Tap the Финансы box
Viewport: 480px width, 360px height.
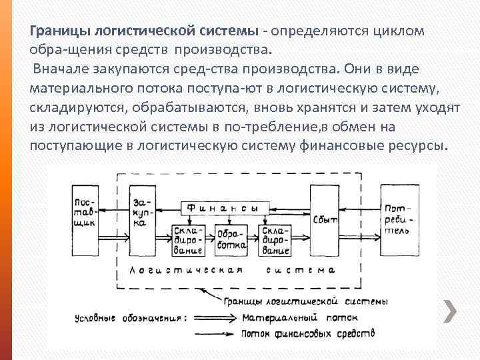(x=221, y=208)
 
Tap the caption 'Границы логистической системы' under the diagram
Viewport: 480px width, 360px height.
(x=307, y=301)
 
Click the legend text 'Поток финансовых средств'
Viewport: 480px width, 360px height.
(x=307, y=333)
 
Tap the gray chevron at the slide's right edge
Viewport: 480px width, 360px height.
(x=450, y=312)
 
